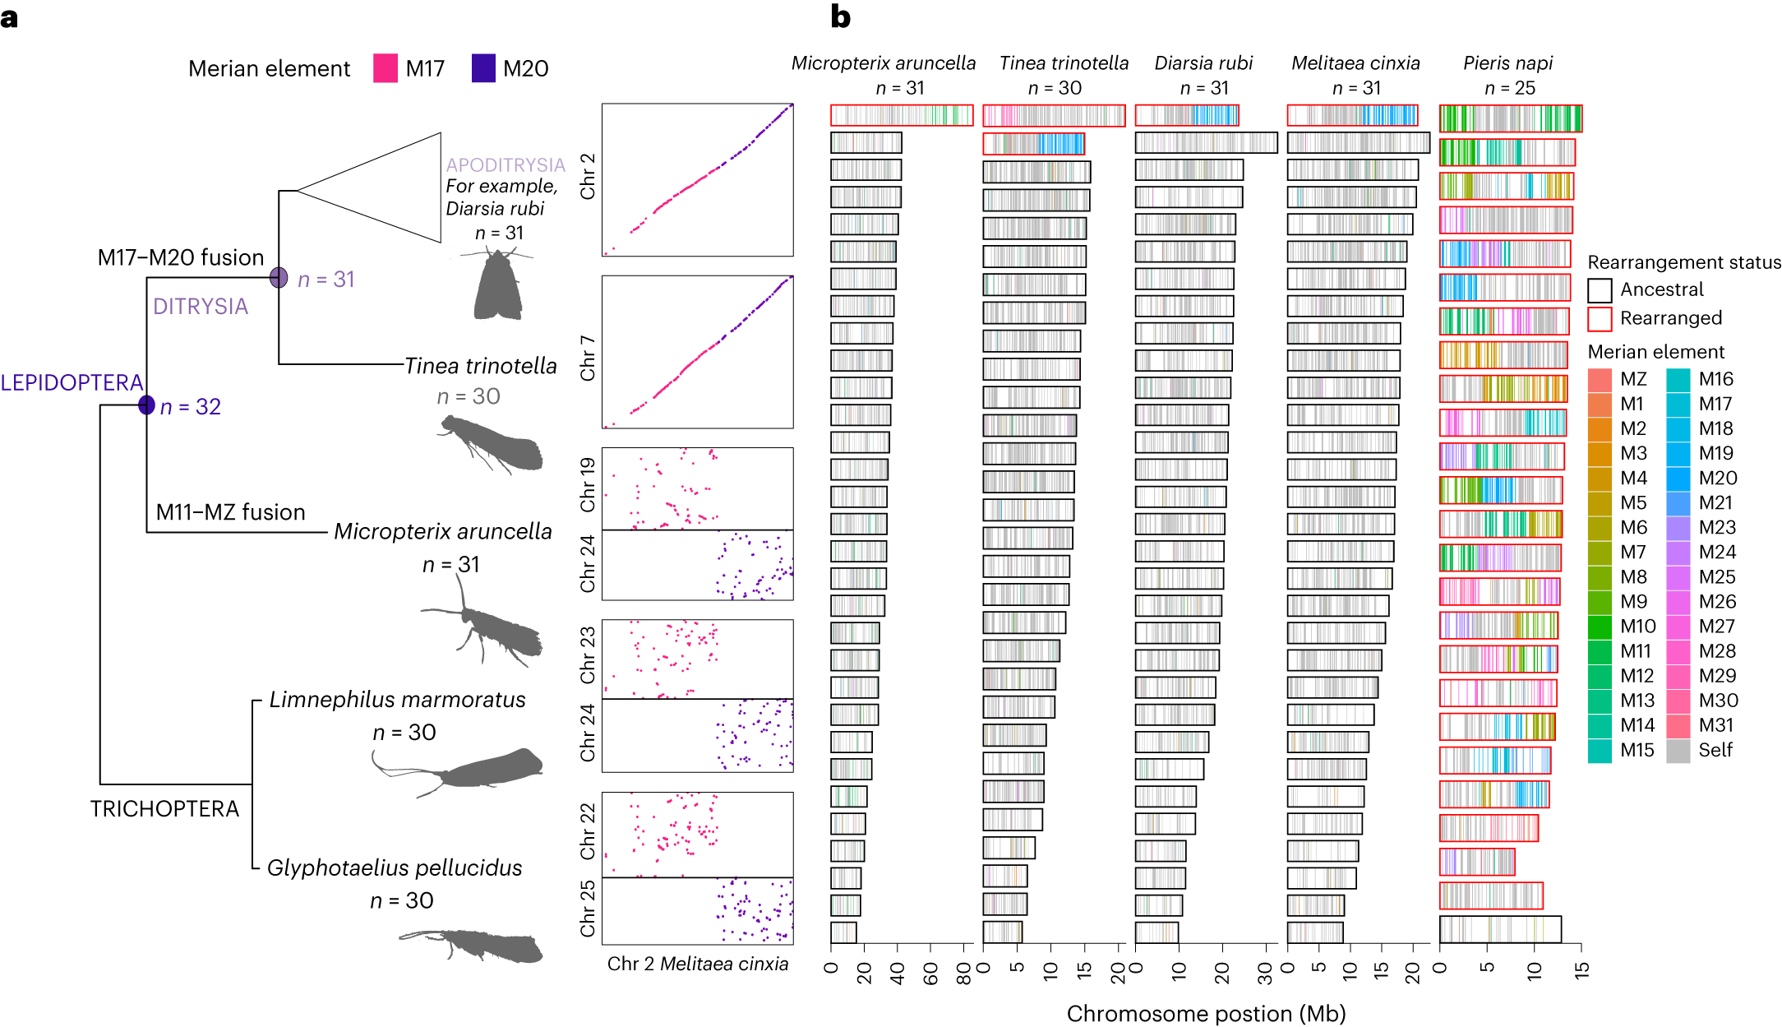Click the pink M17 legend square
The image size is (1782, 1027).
click(385, 68)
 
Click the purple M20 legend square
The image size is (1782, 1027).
click(483, 68)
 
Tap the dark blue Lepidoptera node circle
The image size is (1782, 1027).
click(146, 405)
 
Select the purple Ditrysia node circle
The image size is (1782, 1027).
click(279, 278)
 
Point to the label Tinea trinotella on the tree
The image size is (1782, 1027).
click(481, 366)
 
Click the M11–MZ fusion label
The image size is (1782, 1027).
click(230, 512)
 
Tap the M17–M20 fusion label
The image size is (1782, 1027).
click(180, 257)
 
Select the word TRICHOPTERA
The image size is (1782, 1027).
click(164, 809)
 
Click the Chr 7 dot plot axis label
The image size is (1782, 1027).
click(588, 358)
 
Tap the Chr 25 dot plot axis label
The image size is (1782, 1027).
click(588, 909)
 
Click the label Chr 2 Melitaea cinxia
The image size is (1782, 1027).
click(697, 964)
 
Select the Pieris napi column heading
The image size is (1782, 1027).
click(1507, 63)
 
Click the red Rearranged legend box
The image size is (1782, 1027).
click(1600, 319)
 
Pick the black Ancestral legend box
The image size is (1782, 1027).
click(1600, 290)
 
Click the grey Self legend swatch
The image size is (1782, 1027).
click(1678, 751)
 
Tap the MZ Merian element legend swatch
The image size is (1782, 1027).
click(1600, 380)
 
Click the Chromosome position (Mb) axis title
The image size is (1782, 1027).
click(1206, 1014)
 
